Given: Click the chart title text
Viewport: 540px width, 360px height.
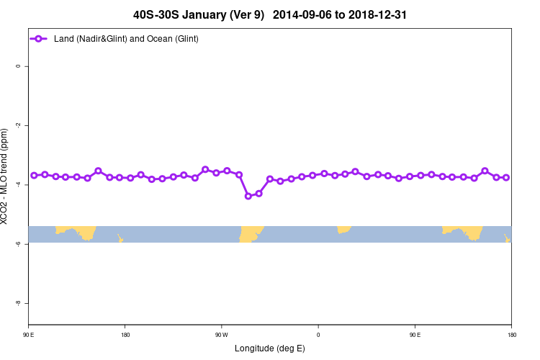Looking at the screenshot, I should (270, 14).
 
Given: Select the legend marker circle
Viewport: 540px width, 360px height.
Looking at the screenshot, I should (40, 38).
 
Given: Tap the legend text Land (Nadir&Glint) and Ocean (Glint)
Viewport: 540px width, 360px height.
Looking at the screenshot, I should (126, 38).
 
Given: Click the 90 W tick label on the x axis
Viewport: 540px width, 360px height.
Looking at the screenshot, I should (221, 335).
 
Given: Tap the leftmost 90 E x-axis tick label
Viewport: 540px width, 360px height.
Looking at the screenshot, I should (28, 335).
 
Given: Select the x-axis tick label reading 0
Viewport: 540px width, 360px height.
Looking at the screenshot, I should (318, 335).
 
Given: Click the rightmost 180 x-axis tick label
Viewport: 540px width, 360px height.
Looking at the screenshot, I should (510, 335).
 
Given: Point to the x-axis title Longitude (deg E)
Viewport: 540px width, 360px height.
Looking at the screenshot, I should (270, 348).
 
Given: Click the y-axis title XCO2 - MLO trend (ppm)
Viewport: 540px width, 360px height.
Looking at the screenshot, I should (6, 176).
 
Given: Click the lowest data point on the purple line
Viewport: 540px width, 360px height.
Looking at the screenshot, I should (248, 196).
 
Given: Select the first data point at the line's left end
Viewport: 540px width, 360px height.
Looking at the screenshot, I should (34, 176).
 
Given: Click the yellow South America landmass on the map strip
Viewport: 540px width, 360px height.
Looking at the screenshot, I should (251, 234).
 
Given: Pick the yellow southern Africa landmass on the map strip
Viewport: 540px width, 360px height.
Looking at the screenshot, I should (343, 230).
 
